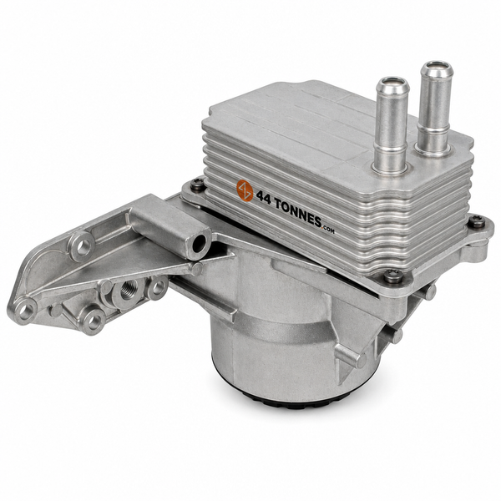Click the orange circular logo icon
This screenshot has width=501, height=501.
[245, 190]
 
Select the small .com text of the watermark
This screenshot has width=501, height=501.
[328, 230]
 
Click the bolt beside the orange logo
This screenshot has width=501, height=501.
[196, 185]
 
